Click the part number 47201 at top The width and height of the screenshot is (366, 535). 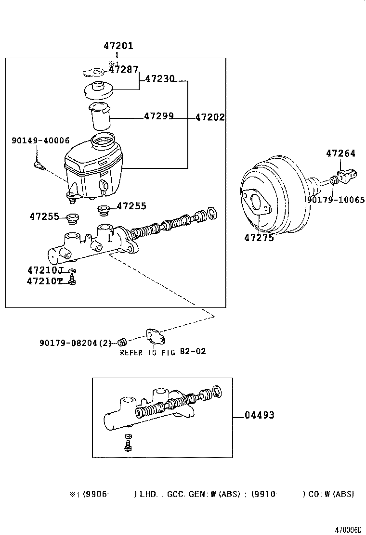118,46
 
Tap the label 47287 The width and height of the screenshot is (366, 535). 123,70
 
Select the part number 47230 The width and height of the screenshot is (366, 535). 159,79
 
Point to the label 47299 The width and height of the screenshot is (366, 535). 158,116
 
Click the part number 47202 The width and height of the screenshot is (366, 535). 209,117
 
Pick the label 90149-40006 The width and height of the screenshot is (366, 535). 40,140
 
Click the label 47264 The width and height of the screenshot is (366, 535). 340,153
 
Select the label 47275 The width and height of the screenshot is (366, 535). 259,237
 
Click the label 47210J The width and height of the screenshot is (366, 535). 45,270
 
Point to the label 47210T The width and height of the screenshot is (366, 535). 45,281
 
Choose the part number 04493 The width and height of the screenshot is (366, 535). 260,415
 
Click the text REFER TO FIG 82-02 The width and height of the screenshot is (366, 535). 163,352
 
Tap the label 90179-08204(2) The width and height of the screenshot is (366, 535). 76,343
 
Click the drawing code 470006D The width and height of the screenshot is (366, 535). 348,529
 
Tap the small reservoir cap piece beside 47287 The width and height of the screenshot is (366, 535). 94,73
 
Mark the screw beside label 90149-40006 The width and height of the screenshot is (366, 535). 39,166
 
